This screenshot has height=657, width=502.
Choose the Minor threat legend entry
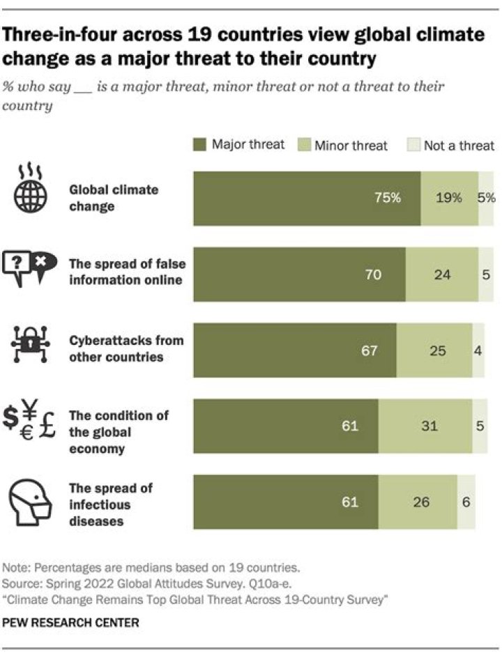344,145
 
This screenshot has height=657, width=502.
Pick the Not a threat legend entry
452,145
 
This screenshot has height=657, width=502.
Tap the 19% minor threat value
449,198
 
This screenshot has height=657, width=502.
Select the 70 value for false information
373,275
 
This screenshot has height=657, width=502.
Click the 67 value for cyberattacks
369,350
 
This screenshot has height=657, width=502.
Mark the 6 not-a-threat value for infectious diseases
466,502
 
